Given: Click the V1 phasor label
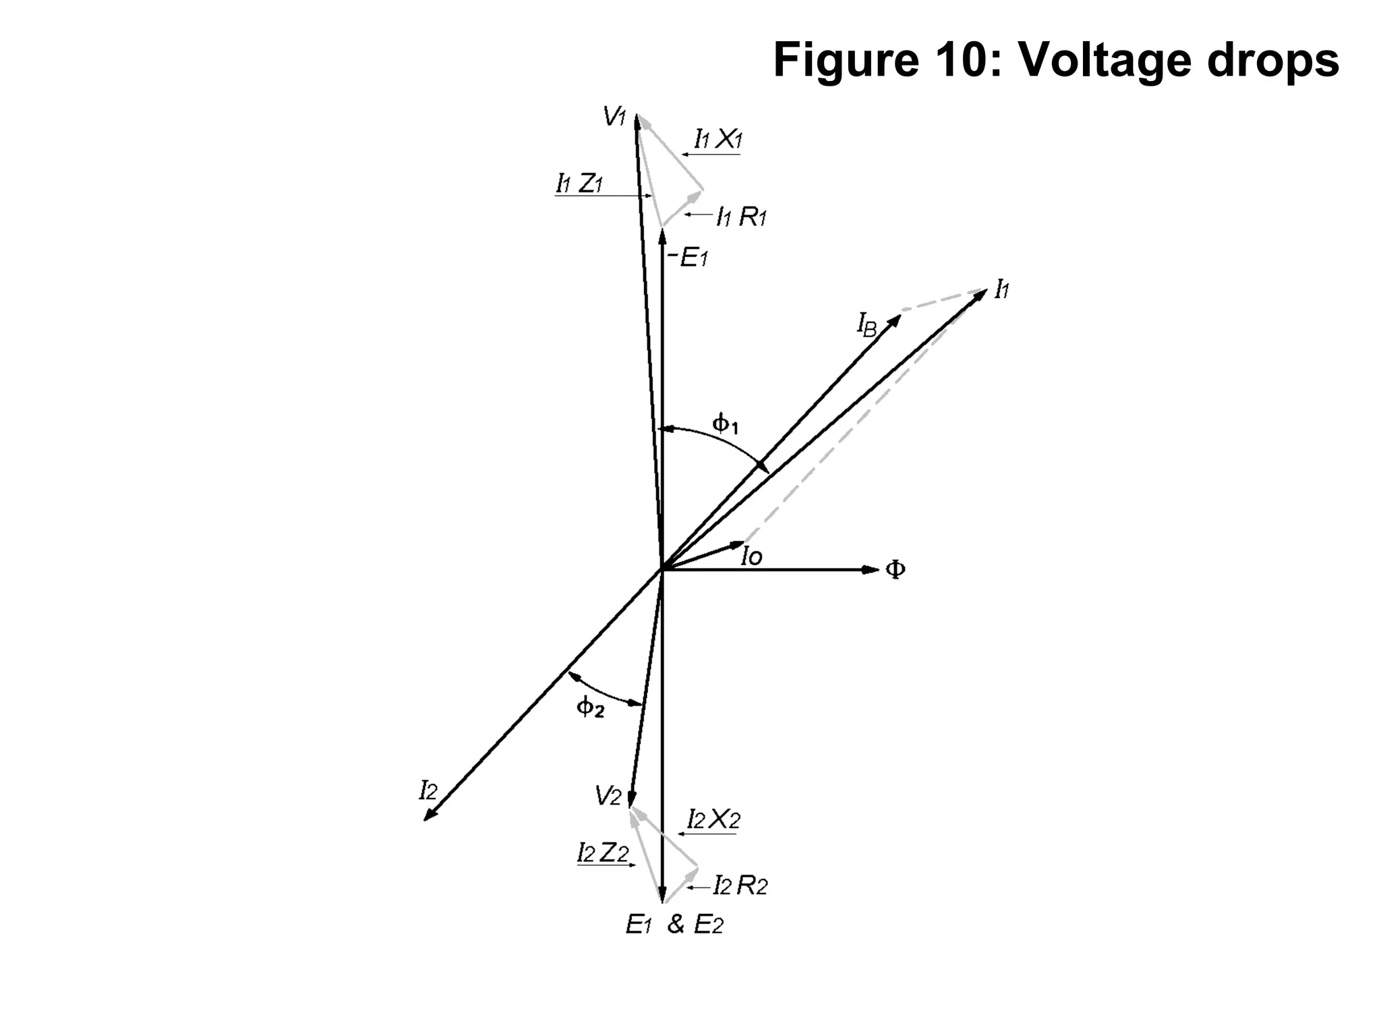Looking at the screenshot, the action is pyautogui.click(x=614, y=117).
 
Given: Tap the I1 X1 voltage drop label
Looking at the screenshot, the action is pyautogui.click(x=718, y=140).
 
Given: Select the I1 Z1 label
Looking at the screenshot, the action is pyautogui.click(x=579, y=183).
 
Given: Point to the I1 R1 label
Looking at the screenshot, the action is pyautogui.click(x=741, y=217).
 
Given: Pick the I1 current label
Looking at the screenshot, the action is pyautogui.click(x=1002, y=290).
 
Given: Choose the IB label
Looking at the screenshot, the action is pyautogui.click(x=867, y=326).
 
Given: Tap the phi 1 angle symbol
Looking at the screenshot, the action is pyautogui.click(x=726, y=424).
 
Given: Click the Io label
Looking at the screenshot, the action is pyautogui.click(x=751, y=556).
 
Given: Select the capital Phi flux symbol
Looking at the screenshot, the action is pyautogui.click(x=895, y=570).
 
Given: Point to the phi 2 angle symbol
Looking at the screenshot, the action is pyautogui.click(x=590, y=708).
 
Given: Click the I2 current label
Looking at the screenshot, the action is pyautogui.click(x=428, y=790).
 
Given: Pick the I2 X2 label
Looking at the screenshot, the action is pyautogui.click(x=713, y=819).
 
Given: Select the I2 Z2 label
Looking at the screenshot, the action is pyautogui.click(x=603, y=853).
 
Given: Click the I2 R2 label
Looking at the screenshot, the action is pyautogui.click(x=740, y=885).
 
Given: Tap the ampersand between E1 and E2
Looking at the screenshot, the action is pyautogui.click(x=676, y=924).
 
